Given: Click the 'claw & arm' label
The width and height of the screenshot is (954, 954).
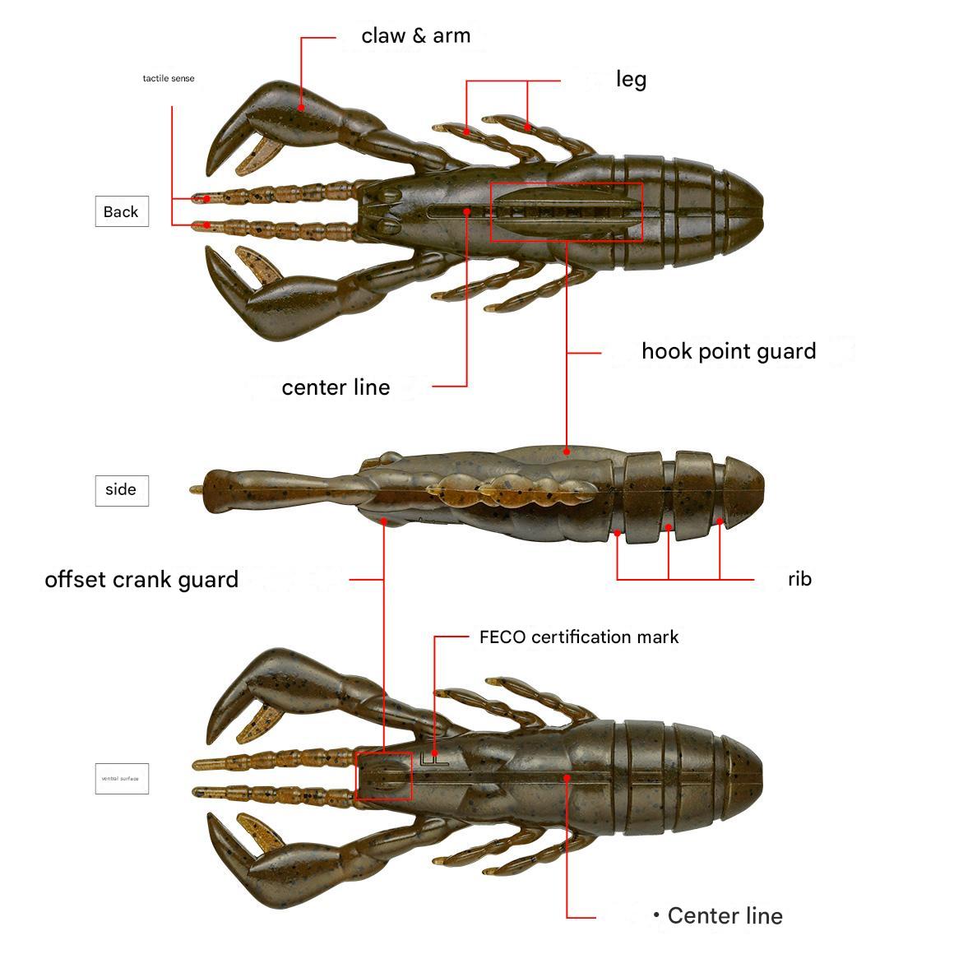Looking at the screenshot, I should click(x=416, y=36).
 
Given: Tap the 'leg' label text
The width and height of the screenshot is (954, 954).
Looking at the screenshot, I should click(x=631, y=80).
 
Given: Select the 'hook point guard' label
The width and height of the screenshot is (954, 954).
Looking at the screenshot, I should click(x=729, y=351).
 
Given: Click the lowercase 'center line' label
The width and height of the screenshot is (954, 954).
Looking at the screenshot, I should click(x=336, y=387).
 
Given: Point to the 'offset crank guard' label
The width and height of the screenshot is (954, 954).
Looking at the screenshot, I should click(x=141, y=580).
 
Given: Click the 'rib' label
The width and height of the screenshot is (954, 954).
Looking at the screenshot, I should click(x=799, y=579).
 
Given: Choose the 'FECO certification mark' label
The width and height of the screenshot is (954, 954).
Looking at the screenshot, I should click(x=579, y=637).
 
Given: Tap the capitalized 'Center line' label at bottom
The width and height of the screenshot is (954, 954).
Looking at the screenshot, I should click(x=725, y=916).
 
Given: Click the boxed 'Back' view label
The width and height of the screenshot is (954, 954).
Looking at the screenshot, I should click(x=122, y=212).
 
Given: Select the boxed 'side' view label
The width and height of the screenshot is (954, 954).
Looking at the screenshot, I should click(x=122, y=490).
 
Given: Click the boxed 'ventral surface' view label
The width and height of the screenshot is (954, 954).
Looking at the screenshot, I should click(x=122, y=778).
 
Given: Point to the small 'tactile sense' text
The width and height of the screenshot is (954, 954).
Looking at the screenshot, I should click(x=169, y=79).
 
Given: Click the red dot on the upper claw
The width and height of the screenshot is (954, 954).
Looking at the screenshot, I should click(x=302, y=107).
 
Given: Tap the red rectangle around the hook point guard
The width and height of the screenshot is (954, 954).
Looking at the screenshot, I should click(x=567, y=212).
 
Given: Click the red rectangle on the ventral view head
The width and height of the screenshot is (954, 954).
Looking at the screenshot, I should click(x=383, y=776).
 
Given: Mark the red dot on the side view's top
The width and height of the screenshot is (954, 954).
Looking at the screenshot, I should click(x=567, y=452).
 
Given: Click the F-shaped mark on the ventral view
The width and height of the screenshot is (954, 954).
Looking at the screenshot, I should click(x=430, y=758).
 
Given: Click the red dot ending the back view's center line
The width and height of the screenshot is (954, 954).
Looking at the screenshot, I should click(x=466, y=211).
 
